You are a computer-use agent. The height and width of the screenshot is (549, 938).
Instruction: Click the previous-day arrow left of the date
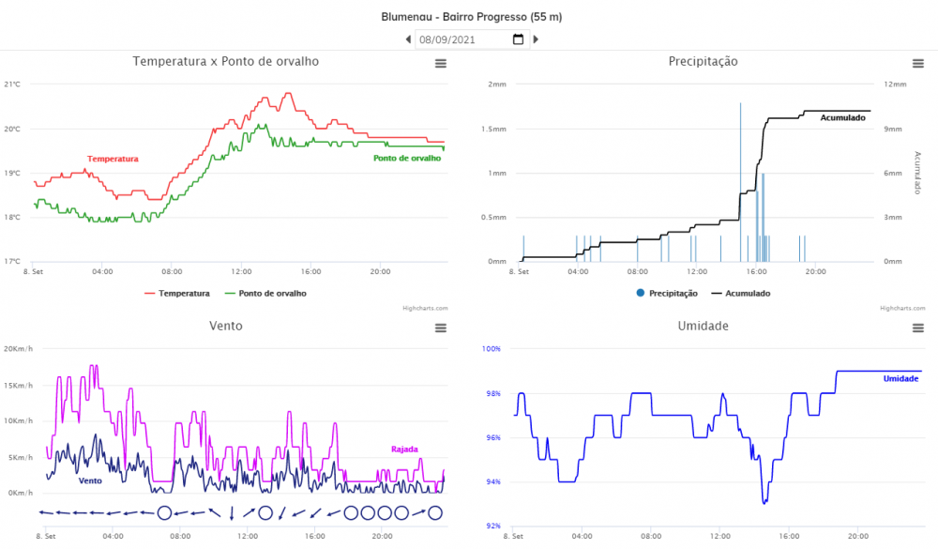point(408,39)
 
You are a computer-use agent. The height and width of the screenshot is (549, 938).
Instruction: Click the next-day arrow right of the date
point(536,39)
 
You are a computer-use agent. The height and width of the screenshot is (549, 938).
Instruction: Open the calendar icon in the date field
point(518,39)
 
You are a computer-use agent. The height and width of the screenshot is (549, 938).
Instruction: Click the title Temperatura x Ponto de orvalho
point(226,62)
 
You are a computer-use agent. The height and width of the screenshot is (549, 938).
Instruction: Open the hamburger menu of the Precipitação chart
point(918,63)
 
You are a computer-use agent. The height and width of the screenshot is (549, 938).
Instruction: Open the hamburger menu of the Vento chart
point(440,328)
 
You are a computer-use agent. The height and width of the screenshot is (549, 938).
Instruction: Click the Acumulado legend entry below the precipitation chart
point(741,294)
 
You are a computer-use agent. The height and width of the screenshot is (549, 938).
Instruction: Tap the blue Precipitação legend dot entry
point(667,294)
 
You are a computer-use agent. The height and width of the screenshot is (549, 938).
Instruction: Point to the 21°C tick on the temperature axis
point(12,84)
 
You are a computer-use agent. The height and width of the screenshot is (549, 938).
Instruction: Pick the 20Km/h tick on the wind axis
point(18,349)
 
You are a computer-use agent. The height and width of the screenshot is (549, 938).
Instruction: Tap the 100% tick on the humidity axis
point(492,349)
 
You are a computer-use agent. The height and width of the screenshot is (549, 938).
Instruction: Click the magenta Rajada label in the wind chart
point(404,450)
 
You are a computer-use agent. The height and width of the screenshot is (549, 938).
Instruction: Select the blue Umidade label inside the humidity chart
point(900,378)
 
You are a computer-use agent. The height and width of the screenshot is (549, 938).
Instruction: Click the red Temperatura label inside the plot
point(113,160)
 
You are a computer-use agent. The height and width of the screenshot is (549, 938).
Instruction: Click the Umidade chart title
point(703,327)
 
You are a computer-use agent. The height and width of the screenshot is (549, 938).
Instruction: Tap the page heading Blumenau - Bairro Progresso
point(472,17)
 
